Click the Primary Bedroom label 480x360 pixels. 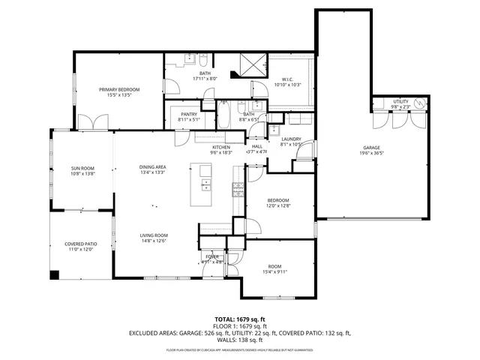(120, 89)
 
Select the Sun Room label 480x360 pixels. (82, 167)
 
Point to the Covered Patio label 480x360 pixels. (80, 243)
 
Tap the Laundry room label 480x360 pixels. (291, 139)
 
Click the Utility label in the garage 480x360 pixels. (400, 101)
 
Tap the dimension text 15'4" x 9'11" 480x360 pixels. (275, 274)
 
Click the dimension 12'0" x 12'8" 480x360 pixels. (279, 206)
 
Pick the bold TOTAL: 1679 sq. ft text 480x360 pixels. (240, 319)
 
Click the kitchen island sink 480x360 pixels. (205, 185)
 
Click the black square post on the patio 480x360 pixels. (54, 274)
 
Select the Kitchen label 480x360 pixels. (220, 147)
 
